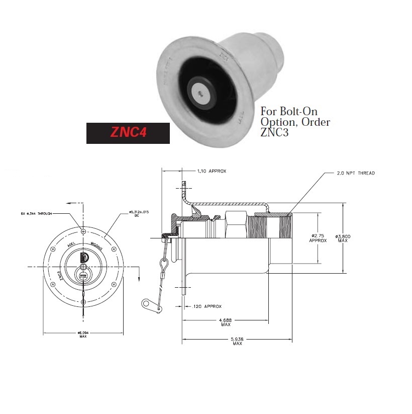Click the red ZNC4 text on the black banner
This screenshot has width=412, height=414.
[x=128, y=133]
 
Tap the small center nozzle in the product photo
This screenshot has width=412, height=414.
[x=200, y=92]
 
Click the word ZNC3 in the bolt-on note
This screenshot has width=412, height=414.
[x=275, y=134]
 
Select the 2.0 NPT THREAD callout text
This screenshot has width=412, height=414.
[x=355, y=173]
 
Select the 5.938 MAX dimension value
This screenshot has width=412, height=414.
[x=237, y=341]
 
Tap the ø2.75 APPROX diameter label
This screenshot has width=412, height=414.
[x=319, y=237]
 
